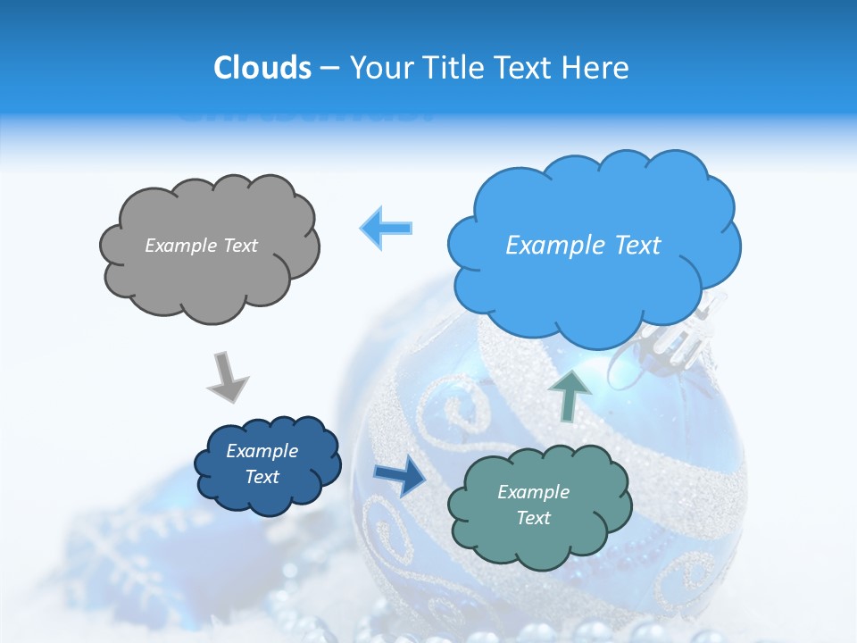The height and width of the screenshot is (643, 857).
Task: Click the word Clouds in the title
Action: (262, 68)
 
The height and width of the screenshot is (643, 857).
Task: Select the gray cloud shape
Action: (209, 246)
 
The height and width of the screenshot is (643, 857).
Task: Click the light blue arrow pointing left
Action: (387, 228)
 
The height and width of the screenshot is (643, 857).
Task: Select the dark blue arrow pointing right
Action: (399, 476)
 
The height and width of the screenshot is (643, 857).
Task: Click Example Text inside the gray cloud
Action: (201, 246)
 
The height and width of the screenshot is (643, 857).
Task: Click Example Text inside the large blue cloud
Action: (583, 246)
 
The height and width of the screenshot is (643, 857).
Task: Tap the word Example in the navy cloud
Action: (262, 451)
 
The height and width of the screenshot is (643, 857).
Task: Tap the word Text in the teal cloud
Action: (533, 518)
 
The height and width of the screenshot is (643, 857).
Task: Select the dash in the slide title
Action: (329, 68)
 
